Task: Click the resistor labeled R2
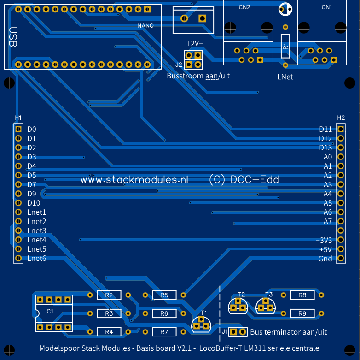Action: [109, 295]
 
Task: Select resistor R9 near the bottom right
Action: [302, 313]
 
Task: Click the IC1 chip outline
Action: [54, 313]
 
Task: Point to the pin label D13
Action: [325, 148]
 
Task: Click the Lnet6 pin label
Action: [37, 258]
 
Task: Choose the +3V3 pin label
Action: [324, 240]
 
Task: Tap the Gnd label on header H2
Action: [325, 259]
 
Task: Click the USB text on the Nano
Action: [13, 37]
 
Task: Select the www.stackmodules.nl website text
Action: [134, 180]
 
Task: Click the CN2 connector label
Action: [245, 7]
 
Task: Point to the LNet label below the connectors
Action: [285, 77]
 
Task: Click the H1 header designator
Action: [18, 118]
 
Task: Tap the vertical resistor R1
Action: [285, 46]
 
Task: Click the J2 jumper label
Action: [179, 65]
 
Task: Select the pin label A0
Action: [327, 157]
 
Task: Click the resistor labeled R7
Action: [164, 332]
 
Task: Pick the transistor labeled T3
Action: [266, 305]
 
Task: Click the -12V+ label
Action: [193, 43]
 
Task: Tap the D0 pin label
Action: [32, 130]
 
